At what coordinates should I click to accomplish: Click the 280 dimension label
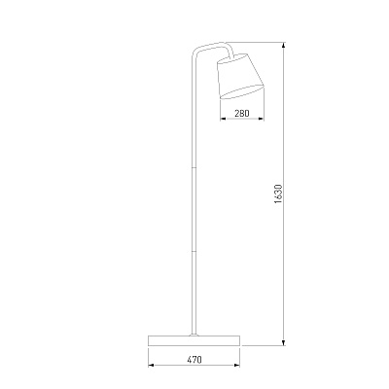pyautogui.click(x=242, y=113)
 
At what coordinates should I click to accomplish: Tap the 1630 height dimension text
pyautogui.click(x=278, y=194)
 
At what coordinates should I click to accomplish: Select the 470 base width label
pyautogui.click(x=194, y=360)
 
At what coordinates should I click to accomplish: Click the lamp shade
pyautogui.click(x=241, y=77)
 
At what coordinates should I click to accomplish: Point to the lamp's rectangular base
pyautogui.click(x=194, y=340)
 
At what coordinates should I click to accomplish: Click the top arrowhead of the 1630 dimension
pyautogui.click(x=284, y=46)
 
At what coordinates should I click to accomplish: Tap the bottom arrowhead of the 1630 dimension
pyautogui.click(x=284, y=342)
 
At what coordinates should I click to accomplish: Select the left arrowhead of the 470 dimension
pyautogui.click(x=152, y=366)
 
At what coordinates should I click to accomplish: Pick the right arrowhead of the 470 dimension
pyautogui.click(x=236, y=366)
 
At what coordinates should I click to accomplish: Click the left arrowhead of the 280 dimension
pyautogui.click(x=224, y=119)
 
